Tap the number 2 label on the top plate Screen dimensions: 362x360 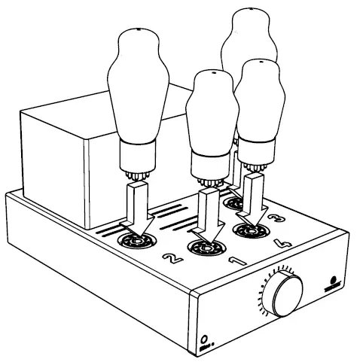click(x=171, y=260)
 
